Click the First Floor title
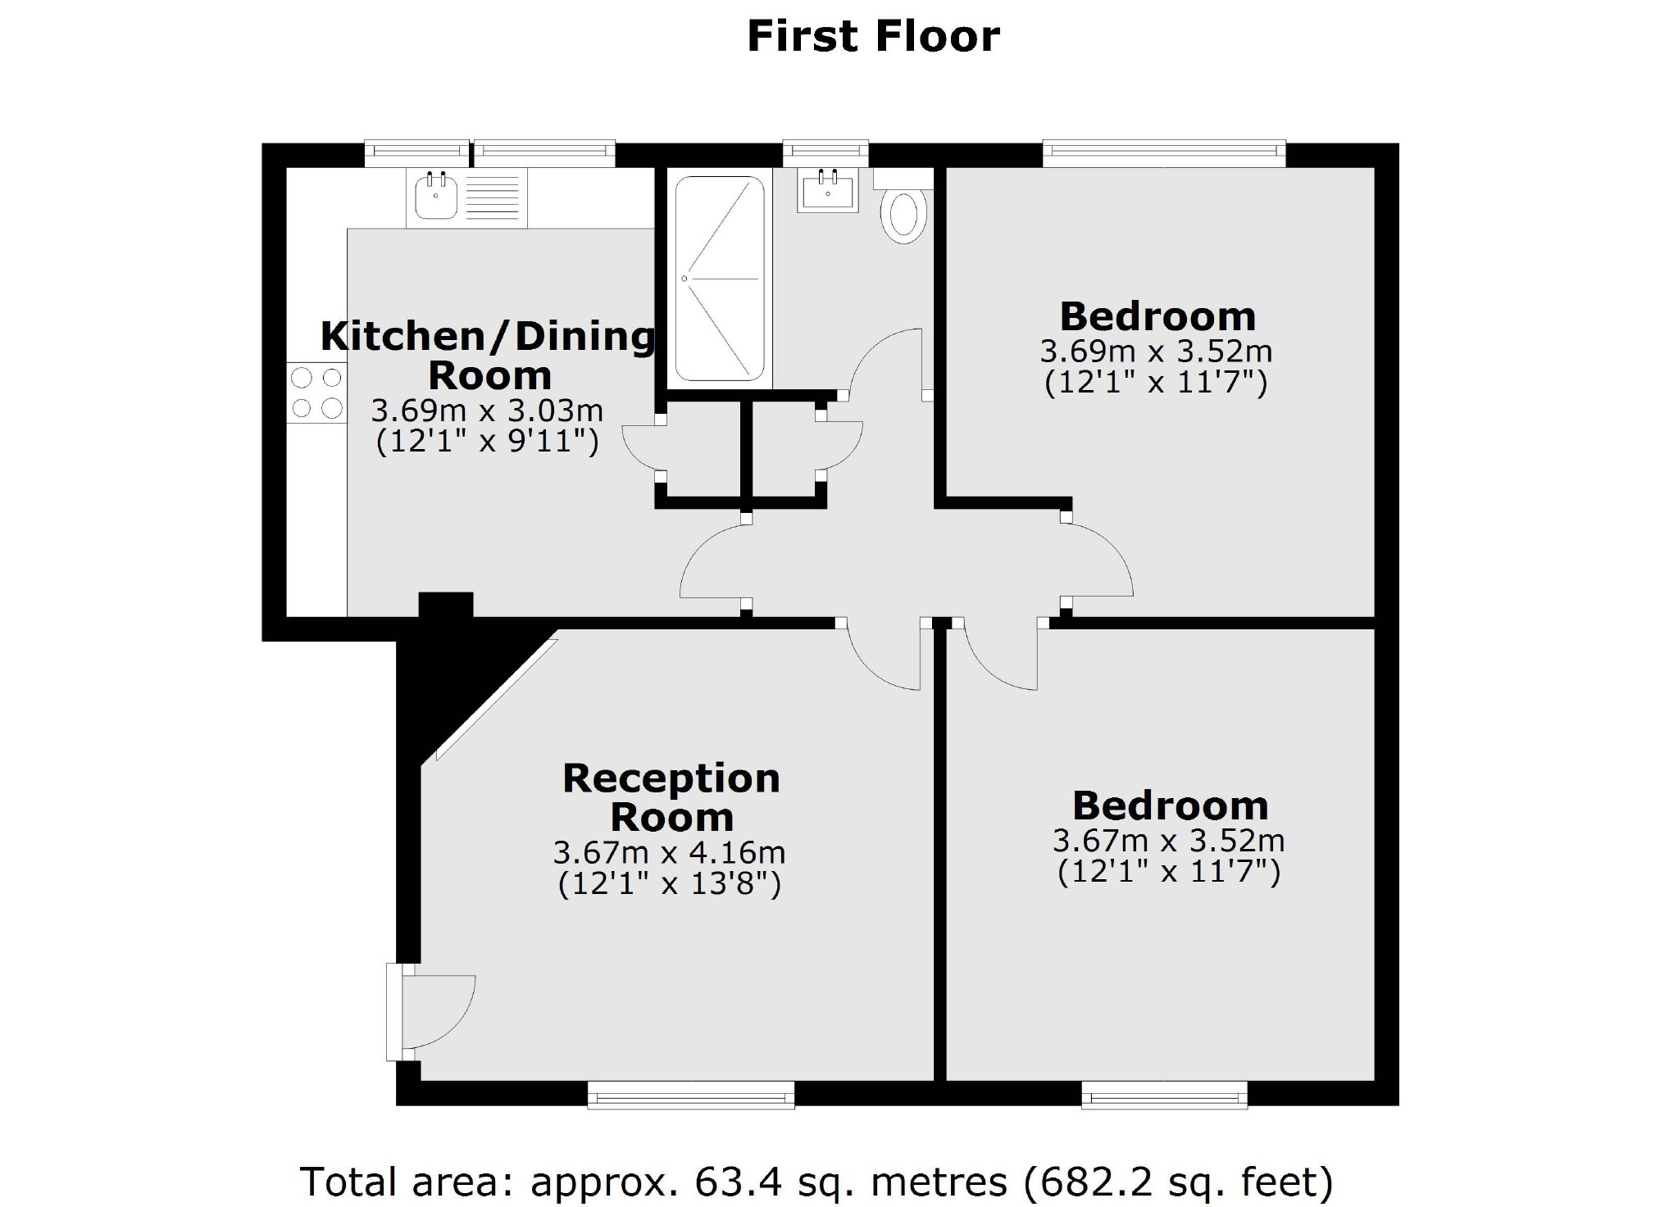click(x=873, y=37)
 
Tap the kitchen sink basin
click(x=435, y=197)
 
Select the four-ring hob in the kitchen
click(x=316, y=393)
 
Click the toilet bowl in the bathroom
click(x=903, y=216)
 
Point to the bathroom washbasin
click(x=828, y=192)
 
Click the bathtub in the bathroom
click(x=720, y=279)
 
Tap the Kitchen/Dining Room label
click(x=489, y=355)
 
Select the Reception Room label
click(x=671, y=796)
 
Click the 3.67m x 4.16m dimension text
click(x=669, y=853)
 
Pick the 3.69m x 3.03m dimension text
click(x=487, y=410)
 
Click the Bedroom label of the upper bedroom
click(x=1157, y=316)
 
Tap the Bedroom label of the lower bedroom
click(x=1170, y=805)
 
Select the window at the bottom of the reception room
click(x=691, y=1095)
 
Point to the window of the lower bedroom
click(x=1164, y=1095)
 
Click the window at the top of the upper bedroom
click(x=1164, y=152)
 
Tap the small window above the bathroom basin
click(x=825, y=152)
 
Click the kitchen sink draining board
click(x=492, y=198)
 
